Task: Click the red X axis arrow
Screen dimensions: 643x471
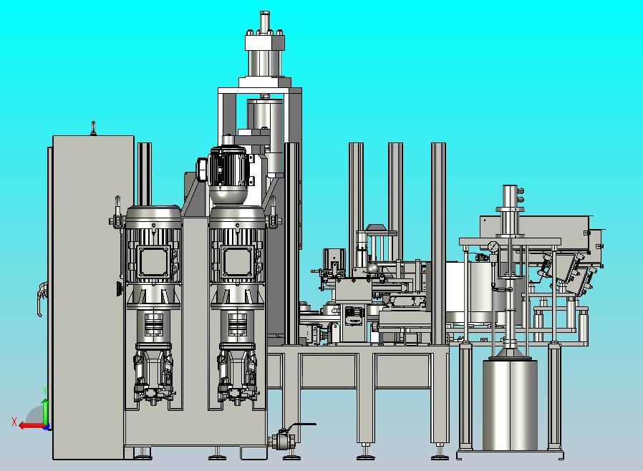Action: [x=32, y=426]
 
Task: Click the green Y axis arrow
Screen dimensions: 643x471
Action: [x=45, y=412]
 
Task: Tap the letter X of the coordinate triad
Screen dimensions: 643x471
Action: [x=14, y=422]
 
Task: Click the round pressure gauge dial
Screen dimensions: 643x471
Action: [x=493, y=246]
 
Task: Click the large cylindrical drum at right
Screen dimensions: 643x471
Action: [x=510, y=404]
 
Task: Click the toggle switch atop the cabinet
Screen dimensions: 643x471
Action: [x=94, y=128]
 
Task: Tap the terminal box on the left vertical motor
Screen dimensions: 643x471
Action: [x=153, y=261]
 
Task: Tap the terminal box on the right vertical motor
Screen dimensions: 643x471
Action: [x=237, y=261]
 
